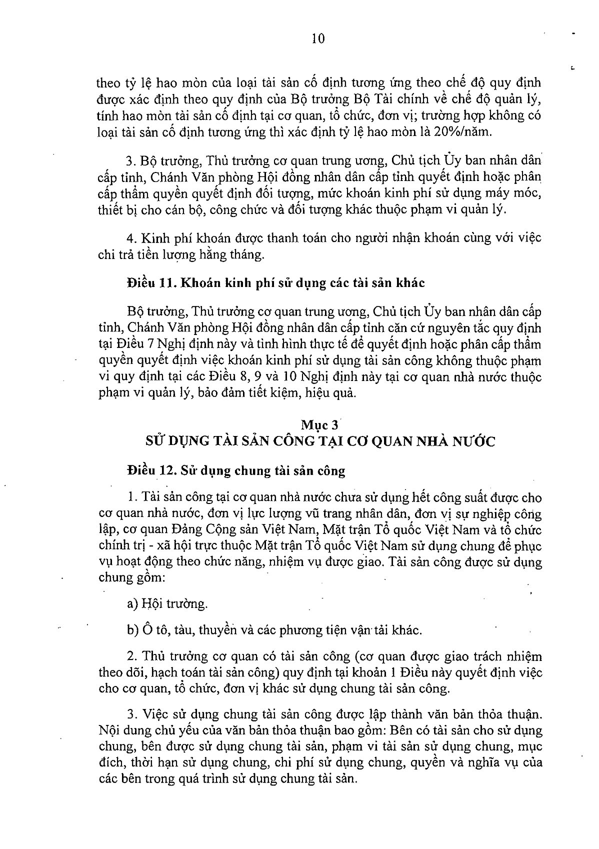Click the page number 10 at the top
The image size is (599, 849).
click(318, 38)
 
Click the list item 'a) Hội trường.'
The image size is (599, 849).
click(167, 603)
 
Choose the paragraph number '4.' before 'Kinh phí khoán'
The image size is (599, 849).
click(131, 237)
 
